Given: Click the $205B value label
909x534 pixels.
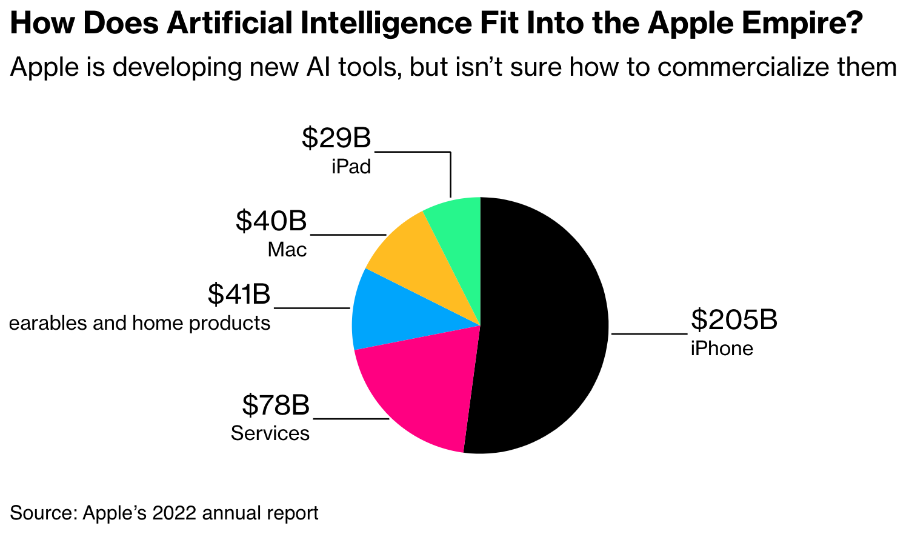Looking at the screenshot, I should (x=734, y=319).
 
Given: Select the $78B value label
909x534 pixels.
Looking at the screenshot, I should (x=276, y=404).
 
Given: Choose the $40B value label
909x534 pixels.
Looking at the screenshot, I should (x=271, y=221).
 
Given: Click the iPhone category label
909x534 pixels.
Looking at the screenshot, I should (x=722, y=349).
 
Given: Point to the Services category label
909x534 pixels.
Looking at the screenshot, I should (x=270, y=433).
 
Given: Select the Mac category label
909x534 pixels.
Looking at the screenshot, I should (x=287, y=250).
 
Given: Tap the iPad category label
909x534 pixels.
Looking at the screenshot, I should (x=351, y=167).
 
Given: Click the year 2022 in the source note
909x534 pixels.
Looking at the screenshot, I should (x=174, y=513).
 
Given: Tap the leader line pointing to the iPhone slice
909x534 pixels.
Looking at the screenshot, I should (x=648, y=333).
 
